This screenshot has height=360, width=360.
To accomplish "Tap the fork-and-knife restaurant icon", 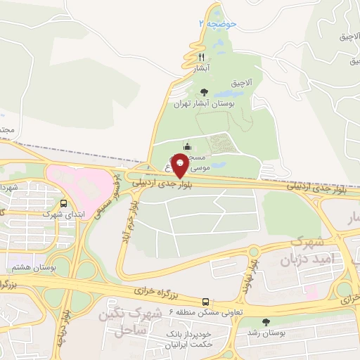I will [201, 57].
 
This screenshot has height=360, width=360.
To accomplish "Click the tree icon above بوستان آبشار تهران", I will [204, 91].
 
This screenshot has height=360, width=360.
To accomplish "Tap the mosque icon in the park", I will [186, 146].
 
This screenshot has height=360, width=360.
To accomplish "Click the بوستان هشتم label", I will [33, 268].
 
